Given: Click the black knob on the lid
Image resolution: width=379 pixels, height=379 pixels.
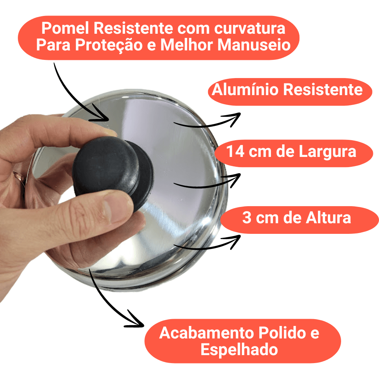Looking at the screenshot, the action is [113, 172].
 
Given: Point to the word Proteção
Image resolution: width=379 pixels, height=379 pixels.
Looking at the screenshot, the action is [109, 45].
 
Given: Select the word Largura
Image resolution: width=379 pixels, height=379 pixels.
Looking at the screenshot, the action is [327, 152].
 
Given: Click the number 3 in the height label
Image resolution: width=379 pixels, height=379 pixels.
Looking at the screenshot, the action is [247, 218].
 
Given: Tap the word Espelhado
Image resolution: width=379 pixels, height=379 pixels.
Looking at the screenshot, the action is [239, 350].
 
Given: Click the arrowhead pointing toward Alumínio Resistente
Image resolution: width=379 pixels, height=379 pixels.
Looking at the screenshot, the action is [233, 119].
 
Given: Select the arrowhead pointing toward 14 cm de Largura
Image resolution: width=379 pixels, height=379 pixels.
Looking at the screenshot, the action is [233, 180].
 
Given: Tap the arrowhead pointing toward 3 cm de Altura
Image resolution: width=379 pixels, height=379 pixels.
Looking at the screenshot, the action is [233, 241].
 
